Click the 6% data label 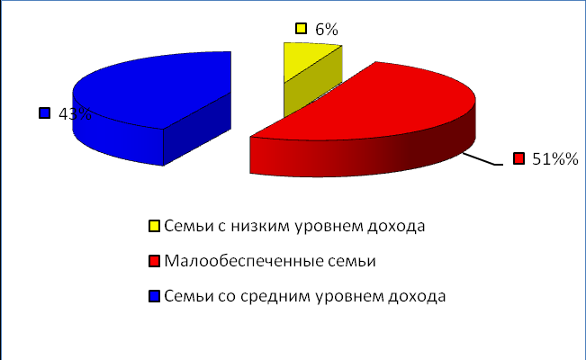pos(326,29)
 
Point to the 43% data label pos(75,114)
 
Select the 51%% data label pos(555,159)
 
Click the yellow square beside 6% pos(302,29)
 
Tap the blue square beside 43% pos(44,112)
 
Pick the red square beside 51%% pos(518,158)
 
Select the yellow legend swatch pos(154,226)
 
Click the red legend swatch pos(154,261)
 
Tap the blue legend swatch pos(154,296)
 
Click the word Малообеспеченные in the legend pos(244,261)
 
